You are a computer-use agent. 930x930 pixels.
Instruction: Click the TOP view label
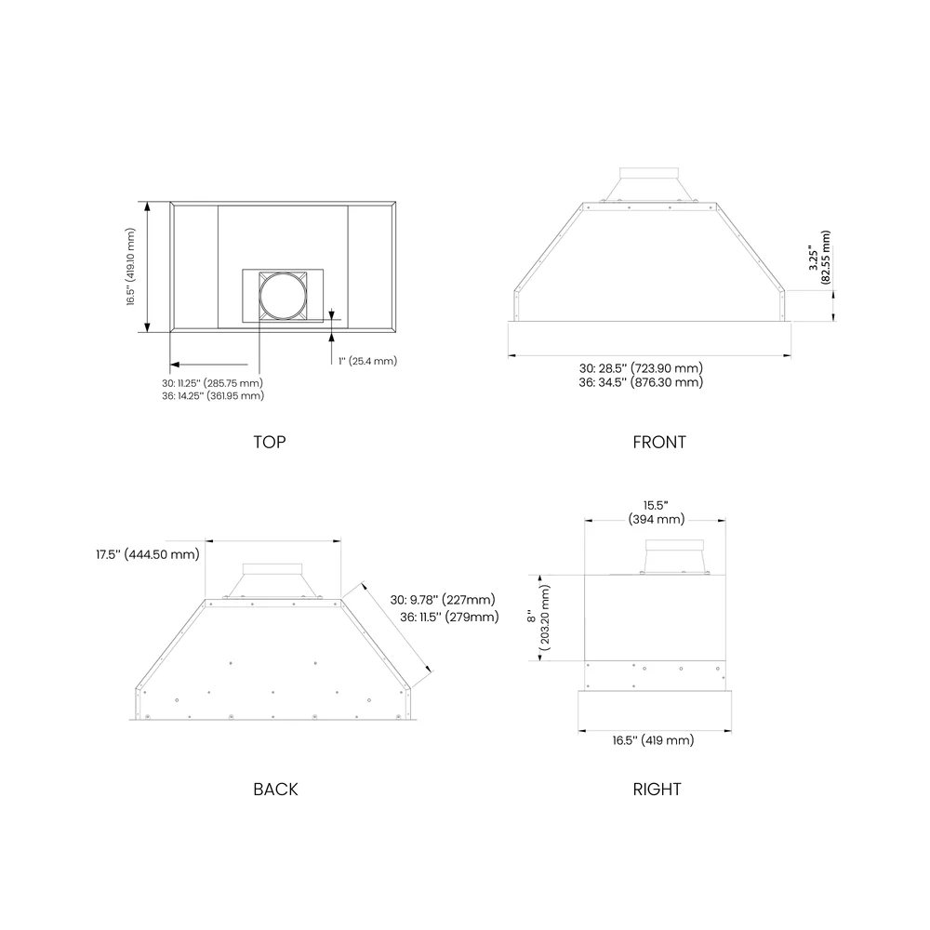click(270, 442)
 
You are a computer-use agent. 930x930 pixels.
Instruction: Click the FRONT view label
click(659, 442)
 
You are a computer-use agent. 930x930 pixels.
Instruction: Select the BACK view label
click(275, 789)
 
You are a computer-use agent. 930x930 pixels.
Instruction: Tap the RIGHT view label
click(657, 789)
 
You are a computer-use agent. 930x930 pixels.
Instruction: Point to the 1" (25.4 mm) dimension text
click(367, 361)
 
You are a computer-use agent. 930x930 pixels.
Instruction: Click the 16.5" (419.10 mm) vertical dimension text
click(130, 266)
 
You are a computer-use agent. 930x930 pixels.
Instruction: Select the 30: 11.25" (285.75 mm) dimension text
click(212, 383)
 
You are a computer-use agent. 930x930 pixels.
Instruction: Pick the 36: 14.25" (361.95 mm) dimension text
click(213, 395)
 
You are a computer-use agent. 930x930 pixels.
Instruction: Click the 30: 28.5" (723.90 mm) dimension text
click(641, 368)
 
